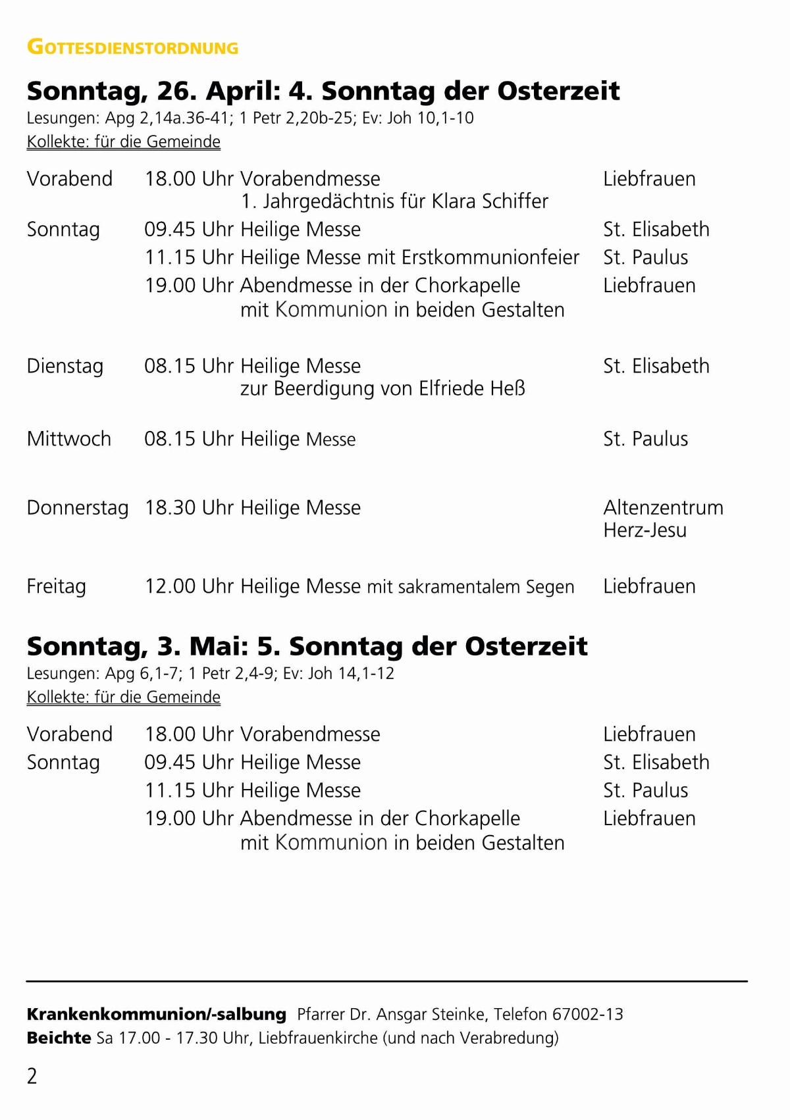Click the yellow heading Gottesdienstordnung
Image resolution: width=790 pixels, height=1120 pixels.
tap(132, 47)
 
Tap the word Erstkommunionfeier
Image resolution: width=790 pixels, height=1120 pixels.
tap(490, 257)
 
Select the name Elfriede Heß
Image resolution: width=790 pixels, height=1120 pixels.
tap(472, 388)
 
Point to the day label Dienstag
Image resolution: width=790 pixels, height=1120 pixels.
tap(65, 367)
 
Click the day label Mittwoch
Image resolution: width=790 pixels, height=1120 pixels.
tap(68, 439)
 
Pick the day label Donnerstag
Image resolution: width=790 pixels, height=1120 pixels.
tap(77, 508)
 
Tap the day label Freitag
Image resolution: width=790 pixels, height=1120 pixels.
tap(56, 586)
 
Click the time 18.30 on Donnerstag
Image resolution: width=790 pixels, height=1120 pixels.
tap(170, 508)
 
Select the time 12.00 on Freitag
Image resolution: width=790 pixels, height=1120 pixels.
tap(170, 586)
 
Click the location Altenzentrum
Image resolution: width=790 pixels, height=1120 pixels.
tap(663, 508)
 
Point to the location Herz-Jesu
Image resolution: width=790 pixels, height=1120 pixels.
tap(645, 530)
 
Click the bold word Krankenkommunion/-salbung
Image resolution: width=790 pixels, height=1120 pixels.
tap(156, 1014)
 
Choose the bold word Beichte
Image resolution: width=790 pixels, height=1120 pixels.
tap(59, 1038)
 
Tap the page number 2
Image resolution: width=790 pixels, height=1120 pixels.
tap(32, 1076)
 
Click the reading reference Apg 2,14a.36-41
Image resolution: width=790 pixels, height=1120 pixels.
tap(168, 118)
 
